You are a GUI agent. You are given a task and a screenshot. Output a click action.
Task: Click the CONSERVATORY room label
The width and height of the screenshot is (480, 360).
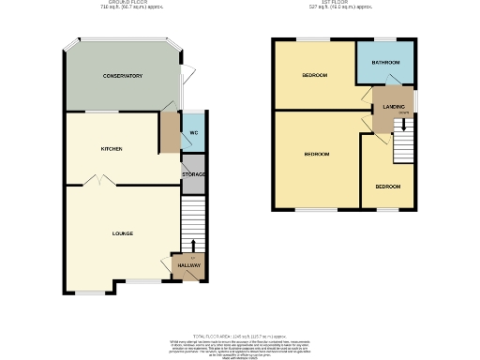point(122,76)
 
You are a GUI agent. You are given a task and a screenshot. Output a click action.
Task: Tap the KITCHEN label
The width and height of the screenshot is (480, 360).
point(112,149)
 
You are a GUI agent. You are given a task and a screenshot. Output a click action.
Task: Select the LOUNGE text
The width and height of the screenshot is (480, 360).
point(122,233)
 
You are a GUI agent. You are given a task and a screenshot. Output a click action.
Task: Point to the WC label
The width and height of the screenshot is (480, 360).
point(193,133)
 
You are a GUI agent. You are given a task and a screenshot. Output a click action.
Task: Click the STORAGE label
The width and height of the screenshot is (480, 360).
point(193,174)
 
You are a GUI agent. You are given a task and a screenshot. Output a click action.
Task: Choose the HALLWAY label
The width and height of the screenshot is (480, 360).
point(189,266)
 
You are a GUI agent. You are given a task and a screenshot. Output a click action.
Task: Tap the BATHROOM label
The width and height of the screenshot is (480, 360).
point(385,63)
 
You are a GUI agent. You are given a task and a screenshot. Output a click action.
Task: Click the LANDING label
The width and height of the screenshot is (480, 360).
point(394,107)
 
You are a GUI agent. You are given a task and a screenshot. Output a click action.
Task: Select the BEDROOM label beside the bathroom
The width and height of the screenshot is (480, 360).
point(314,75)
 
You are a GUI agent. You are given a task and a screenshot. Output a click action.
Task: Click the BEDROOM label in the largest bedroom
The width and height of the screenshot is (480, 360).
point(316,154)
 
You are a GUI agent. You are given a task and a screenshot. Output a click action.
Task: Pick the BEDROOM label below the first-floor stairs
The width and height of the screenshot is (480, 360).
point(388,187)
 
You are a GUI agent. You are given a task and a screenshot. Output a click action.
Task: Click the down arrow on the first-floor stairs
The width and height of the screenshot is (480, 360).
point(404,123)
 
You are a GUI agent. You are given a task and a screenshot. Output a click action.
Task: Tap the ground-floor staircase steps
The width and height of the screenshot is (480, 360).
point(192,225)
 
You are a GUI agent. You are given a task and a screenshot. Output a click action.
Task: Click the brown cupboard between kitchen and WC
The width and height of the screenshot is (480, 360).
point(169,133)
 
